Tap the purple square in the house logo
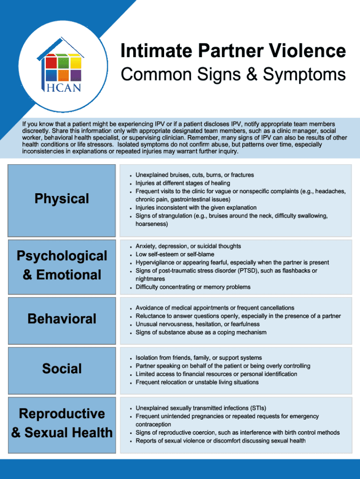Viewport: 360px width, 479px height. (x=76, y=75)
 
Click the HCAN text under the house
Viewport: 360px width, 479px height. (x=63, y=87)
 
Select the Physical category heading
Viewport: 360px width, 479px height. (x=62, y=199)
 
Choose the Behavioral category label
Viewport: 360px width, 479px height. (x=62, y=319)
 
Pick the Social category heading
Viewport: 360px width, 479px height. (x=62, y=369)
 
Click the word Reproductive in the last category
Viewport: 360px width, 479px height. (x=62, y=414)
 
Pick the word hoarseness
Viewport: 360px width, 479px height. (x=151, y=224)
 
